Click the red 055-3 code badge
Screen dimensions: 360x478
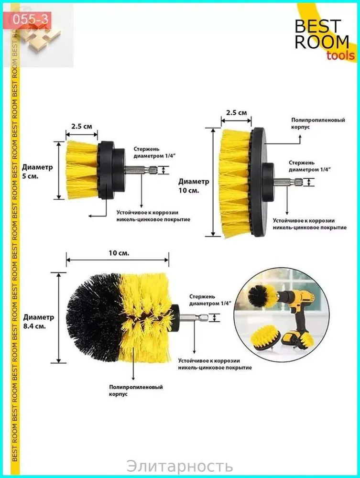(30, 20)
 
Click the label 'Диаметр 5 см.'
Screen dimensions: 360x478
(37, 172)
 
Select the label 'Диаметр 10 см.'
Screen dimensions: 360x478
(194, 186)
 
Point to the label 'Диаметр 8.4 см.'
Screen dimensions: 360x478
(38, 321)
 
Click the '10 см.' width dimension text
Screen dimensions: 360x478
(119, 253)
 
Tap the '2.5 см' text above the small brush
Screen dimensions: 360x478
(82, 126)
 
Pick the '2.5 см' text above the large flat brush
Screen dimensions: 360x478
(237, 112)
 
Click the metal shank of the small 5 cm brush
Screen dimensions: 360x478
(141, 170)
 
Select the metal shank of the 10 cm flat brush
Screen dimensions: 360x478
(288, 182)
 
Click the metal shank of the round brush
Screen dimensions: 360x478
(194, 318)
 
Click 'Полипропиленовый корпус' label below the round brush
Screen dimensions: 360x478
(136, 391)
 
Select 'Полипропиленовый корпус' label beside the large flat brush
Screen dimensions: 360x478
(318, 123)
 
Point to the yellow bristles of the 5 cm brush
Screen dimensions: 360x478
(82, 170)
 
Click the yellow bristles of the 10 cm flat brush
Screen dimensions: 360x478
(235, 182)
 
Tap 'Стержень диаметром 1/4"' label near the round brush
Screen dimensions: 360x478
(210, 300)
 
